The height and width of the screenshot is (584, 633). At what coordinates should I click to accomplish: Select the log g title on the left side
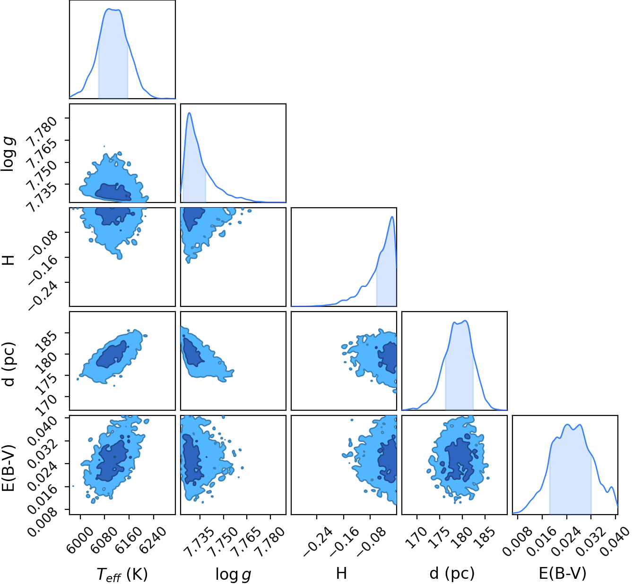[x=8, y=154]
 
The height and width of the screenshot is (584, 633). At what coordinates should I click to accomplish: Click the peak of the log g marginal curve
[x=189, y=113]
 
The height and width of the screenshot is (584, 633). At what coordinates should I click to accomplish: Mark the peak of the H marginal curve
[x=392, y=217]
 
